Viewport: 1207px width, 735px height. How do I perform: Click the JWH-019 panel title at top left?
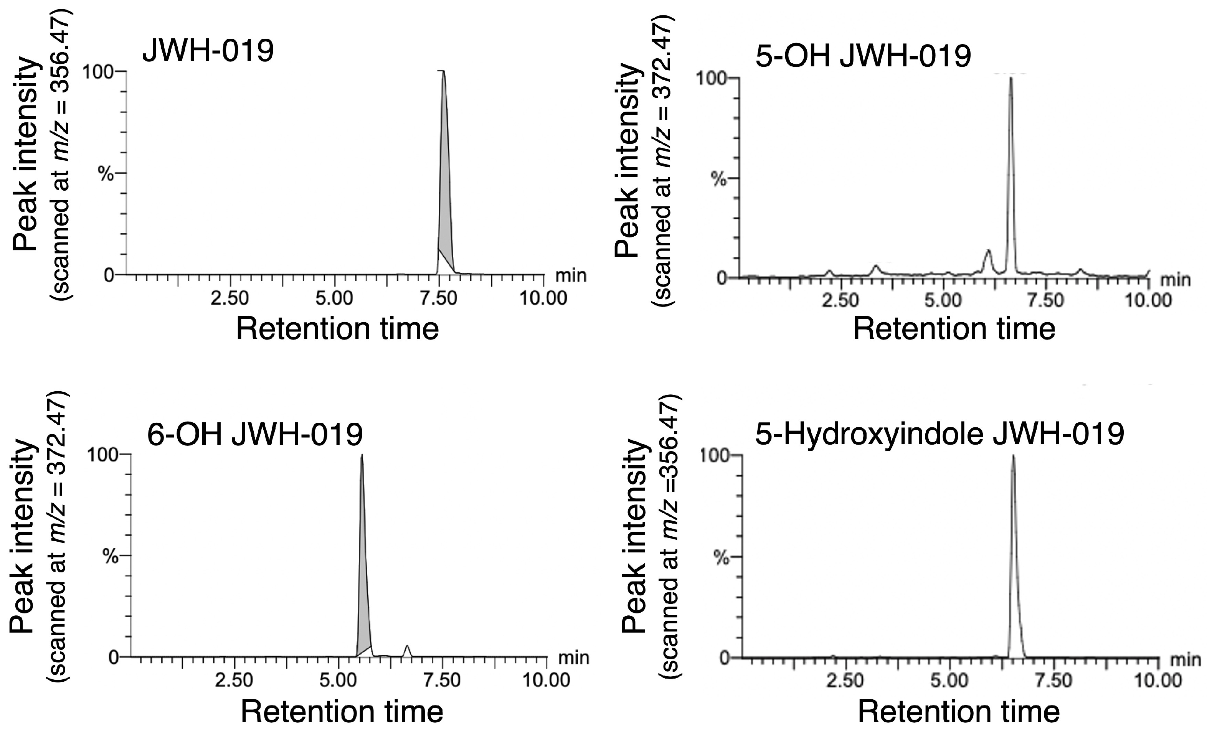208,50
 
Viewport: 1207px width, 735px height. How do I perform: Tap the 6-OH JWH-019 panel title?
255,434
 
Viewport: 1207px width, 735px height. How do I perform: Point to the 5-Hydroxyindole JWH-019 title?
940,434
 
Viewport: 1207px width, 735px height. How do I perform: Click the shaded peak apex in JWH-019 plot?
443,73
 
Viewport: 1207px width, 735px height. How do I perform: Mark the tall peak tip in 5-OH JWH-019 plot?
1011,78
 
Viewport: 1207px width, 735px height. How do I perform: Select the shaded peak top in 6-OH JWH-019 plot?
362,456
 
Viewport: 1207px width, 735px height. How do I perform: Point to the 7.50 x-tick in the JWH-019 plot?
439,298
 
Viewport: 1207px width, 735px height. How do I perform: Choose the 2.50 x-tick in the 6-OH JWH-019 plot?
234,680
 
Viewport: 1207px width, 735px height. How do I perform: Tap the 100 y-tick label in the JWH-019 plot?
98,72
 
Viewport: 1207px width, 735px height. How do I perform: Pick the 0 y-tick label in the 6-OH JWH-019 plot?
114,657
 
